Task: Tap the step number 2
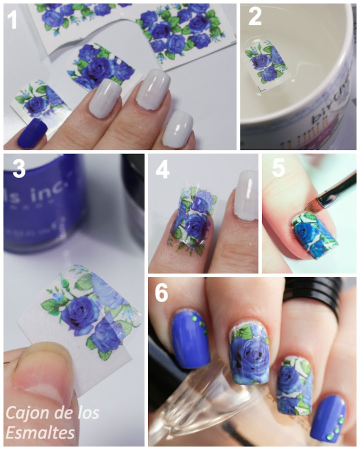coord(255,17)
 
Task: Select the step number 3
coord(19,169)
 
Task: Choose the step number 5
coord(277,169)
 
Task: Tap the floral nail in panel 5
coord(312,235)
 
